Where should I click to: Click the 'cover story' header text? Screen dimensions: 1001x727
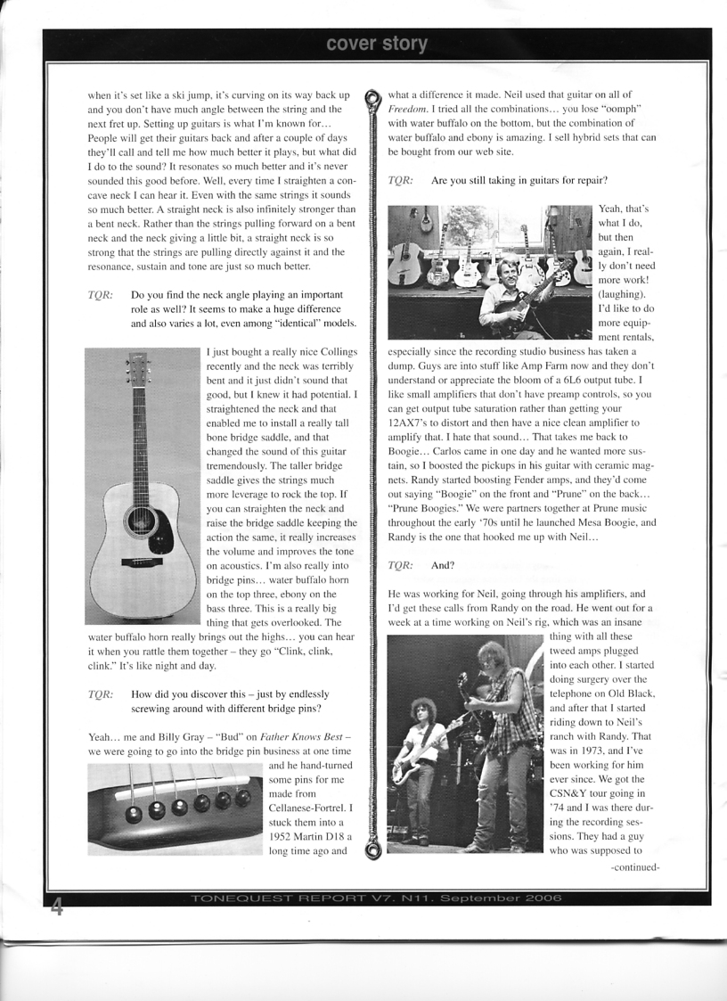(376, 44)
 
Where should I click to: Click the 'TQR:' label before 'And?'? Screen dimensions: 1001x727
(400, 565)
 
